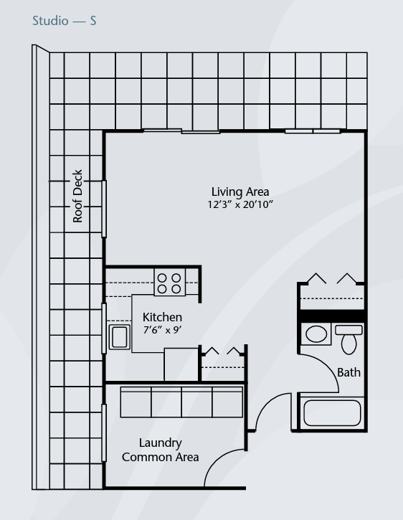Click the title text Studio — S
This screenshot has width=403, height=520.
(x=65, y=21)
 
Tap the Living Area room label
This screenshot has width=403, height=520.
(x=240, y=192)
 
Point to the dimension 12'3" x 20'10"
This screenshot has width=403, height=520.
(x=240, y=204)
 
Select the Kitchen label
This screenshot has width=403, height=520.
(x=162, y=317)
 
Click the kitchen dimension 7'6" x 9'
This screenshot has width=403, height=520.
(x=162, y=330)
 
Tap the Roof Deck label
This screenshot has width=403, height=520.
(x=77, y=197)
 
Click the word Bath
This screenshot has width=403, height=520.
(x=349, y=372)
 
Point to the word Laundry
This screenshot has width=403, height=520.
(x=160, y=443)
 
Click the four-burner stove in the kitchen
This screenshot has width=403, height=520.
(x=169, y=282)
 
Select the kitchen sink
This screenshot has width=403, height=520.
(x=120, y=336)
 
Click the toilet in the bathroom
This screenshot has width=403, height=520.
(x=349, y=339)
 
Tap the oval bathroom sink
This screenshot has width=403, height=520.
(x=316, y=334)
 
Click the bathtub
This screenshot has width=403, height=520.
(x=332, y=412)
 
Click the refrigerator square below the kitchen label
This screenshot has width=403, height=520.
(x=181, y=364)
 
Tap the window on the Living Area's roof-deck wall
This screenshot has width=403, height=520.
(x=104, y=209)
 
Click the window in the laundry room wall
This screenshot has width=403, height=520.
(x=104, y=432)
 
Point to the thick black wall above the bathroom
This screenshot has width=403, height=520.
(x=332, y=316)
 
